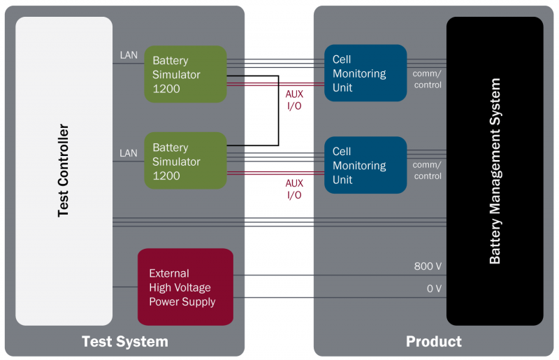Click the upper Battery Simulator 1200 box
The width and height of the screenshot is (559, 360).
coord(185,74)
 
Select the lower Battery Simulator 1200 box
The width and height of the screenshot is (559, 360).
coord(185,161)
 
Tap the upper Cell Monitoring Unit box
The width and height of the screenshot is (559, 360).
coord(365,73)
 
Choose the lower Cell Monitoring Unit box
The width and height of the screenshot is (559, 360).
coord(365,165)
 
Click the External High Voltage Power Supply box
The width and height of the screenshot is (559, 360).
coord(185,287)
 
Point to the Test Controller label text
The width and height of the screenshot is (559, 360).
coord(63,171)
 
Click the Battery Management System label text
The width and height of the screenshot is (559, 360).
coord(495,171)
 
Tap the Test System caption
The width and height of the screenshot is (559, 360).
coord(125,341)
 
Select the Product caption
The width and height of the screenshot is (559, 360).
coord(433,341)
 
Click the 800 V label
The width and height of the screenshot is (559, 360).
coord(428,266)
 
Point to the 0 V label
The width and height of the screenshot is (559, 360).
coord(434,288)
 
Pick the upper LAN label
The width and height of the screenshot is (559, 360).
coord(129,55)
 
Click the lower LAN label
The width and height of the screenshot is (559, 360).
coord(129,153)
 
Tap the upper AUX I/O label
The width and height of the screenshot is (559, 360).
coord(294,100)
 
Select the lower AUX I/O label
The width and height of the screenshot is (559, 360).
coord(294,189)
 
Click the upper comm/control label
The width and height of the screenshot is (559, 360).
coord(427,79)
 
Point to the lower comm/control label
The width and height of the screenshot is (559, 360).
coord(427,171)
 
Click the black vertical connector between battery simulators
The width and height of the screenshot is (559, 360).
coord(278,110)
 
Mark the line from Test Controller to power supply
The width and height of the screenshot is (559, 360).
coord(125,287)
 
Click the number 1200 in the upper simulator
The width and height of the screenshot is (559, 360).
coord(166,89)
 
